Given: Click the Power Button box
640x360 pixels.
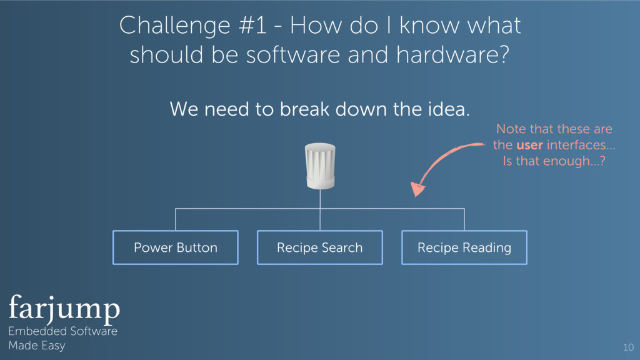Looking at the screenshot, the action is click(x=175, y=247).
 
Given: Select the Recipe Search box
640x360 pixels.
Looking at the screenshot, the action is click(x=319, y=247).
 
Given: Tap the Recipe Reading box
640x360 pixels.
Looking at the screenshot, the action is click(x=464, y=247).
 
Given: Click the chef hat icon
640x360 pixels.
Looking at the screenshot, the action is click(x=320, y=166).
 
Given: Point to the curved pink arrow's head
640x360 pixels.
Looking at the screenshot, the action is click(x=416, y=188).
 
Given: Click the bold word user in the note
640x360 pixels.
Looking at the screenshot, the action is click(x=530, y=145).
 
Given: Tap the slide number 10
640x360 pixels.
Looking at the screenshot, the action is click(x=628, y=347).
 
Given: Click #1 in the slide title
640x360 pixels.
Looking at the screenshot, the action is click(x=262, y=26).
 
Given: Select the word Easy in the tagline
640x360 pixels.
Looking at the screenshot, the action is click(x=53, y=346).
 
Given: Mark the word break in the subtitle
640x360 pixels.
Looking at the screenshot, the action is click(x=304, y=110).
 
